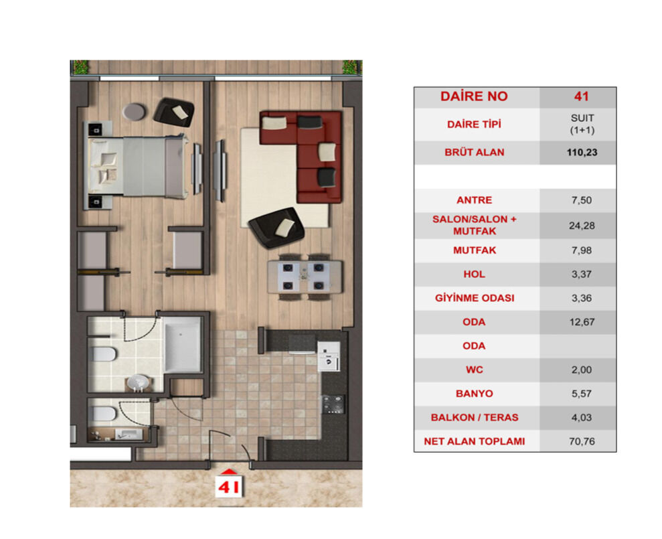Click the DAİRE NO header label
[473, 96]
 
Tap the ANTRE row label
[473, 200]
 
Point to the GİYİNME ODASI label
[473, 298]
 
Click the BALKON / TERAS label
[473, 417]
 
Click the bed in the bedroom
[137, 167]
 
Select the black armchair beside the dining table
[276, 224]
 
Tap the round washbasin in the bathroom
[139, 382]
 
